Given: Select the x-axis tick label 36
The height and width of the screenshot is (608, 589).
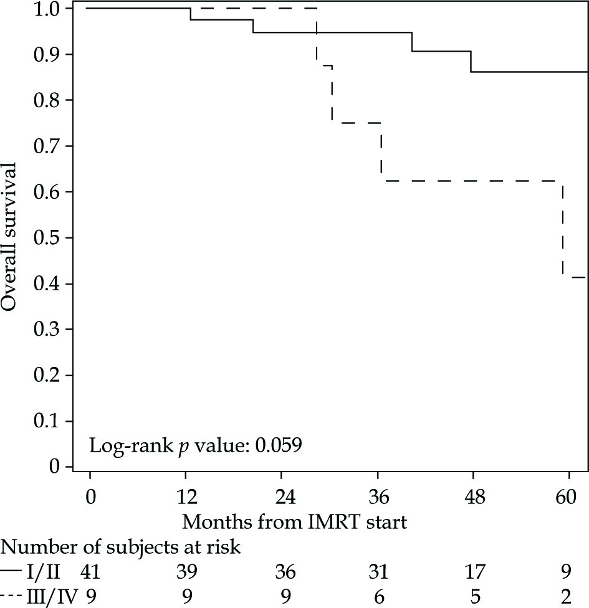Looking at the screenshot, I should click(x=378, y=498).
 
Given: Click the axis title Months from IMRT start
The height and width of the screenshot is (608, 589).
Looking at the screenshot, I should click(x=294, y=521).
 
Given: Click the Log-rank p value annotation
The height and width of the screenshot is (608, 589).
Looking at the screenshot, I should click(x=196, y=446).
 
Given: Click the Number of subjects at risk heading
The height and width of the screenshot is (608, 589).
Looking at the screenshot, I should click(x=122, y=548).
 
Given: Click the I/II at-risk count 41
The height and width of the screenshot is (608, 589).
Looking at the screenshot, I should click(x=91, y=571).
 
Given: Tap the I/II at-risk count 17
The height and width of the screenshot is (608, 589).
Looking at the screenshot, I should click(x=474, y=571).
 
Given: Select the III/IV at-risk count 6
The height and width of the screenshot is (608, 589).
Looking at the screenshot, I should click(x=378, y=596).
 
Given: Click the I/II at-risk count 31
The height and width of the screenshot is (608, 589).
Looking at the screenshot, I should click(x=378, y=571).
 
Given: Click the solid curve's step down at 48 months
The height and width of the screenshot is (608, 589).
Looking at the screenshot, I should click(x=471, y=62).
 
